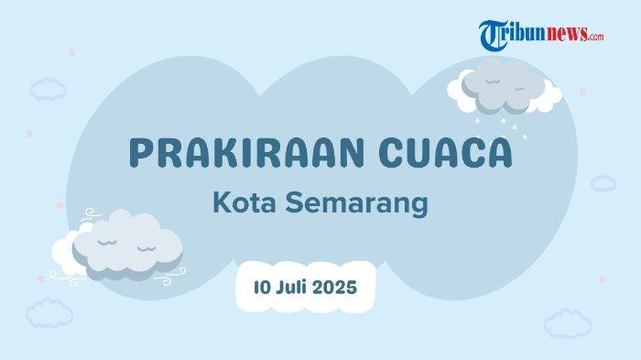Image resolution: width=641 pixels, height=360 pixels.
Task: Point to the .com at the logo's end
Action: [596, 37]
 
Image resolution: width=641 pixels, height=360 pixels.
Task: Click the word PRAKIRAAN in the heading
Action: [246, 153]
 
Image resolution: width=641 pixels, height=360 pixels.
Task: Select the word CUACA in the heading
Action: [446, 153]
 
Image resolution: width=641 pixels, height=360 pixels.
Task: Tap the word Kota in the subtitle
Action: [244, 202]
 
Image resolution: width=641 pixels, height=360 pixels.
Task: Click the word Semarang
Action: [356, 203]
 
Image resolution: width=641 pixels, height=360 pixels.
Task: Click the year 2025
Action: [335, 288]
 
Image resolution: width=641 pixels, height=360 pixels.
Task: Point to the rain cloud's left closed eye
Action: [493, 82]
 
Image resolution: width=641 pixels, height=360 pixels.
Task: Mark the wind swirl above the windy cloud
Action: [91, 213]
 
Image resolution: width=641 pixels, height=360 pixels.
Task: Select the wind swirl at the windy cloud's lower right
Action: [171, 276]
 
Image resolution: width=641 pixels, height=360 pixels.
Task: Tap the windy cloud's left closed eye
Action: [107, 243]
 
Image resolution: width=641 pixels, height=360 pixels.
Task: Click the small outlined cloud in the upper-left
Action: [49, 89]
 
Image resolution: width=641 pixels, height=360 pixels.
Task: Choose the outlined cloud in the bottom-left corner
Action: [49, 313]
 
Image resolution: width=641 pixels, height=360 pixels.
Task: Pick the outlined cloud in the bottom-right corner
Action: [568, 323]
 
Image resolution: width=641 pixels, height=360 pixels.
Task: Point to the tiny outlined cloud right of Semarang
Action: [603, 183]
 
